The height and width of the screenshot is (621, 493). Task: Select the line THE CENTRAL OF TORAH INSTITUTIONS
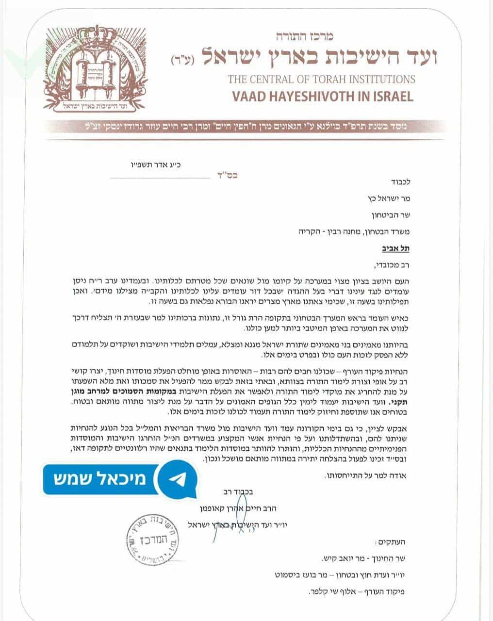click(x=322, y=79)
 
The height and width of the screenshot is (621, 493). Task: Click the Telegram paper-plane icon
click(x=177, y=478)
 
